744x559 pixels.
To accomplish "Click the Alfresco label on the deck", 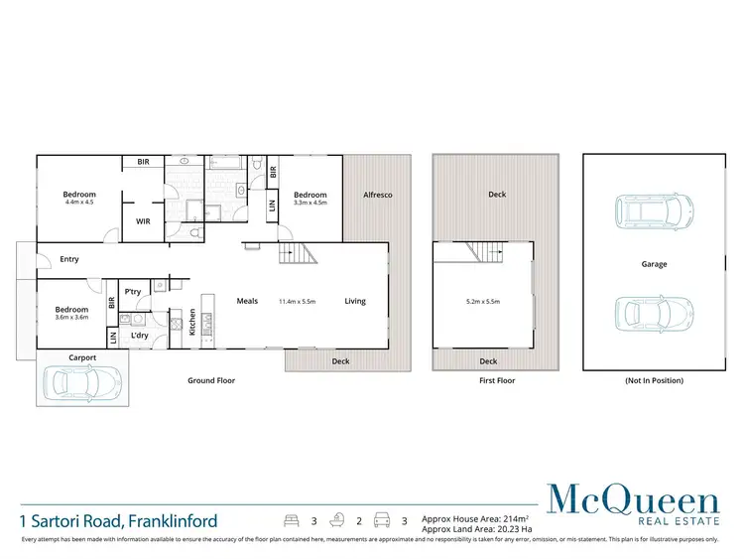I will (x=377, y=195).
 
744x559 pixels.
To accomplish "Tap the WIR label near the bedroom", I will (x=143, y=222).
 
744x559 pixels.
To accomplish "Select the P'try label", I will (x=132, y=292).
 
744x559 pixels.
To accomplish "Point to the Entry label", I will (x=69, y=260).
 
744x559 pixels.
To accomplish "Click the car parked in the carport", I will (x=84, y=381).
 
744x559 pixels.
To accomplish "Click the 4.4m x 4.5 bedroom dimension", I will (x=80, y=204).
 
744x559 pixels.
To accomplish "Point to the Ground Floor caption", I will (x=211, y=380).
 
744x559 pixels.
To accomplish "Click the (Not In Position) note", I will (x=653, y=380).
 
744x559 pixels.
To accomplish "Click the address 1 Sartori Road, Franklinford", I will (x=118, y=520).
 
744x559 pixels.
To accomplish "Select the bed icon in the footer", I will (x=291, y=519).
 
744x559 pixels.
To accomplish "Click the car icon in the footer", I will (x=381, y=519).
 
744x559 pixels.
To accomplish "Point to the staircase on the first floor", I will (x=487, y=252).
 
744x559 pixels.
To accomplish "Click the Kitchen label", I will (x=192, y=322).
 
